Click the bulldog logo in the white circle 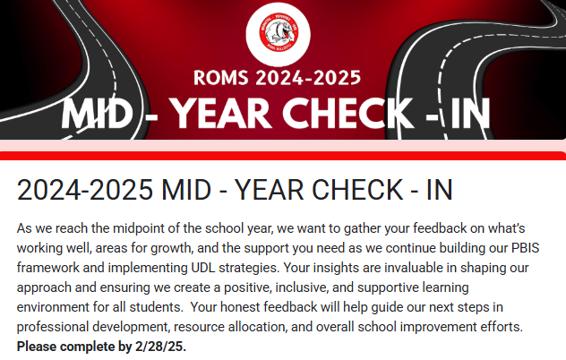pyautogui.click(x=279, y=33)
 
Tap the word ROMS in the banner pyautogui.click(x=221, y=78)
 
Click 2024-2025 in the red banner pyautogui.click(x=308, y=78)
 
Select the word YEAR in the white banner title pyautogui.click(x=220, y=114)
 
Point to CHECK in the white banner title pyautogui.click(x=347, y=114)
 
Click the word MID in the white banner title pyautogui.click(x=98, y=114)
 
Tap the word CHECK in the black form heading pyautogui.click(x=357, y=190)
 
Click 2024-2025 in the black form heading pyautogui.click(x=85, y=190)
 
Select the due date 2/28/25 pyautogui.click(x=160, y=347)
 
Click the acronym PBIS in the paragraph pyautogui.click(x=525, y=248)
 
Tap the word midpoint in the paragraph pyautogui.click(x=133, y=229)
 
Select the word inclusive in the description pyautogui.click(x=302, y=287)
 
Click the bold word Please pyautogui.click(x=37, y=347)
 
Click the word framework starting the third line pyautogui.click(x=48, y=268)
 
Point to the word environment pyautogui.click(x=53, y=307)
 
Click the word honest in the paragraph pyautogui.click(x=240, y=307)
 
